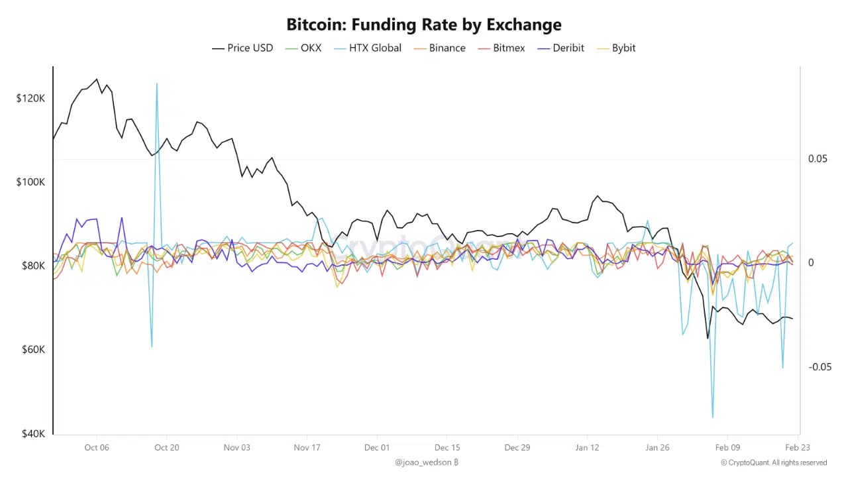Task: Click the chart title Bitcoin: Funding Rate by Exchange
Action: pos(424,25)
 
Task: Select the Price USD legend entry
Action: pos(250,48)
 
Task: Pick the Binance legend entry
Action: pos(447,48)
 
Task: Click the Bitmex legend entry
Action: pos(509,48)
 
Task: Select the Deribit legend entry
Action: pos(568,48)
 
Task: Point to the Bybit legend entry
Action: pos(623,48)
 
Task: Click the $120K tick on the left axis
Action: pos(30,98)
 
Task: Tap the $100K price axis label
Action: pos(30,182)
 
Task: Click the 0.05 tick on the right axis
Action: pos(818,159)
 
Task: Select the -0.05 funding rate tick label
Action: pos(820,367)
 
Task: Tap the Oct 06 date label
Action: pos(97,448)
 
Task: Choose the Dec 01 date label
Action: pos(377,448)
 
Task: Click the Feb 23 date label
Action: pos(797,448)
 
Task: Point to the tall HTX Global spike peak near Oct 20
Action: pos(157,83)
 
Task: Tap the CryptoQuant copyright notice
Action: pos(774,462)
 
